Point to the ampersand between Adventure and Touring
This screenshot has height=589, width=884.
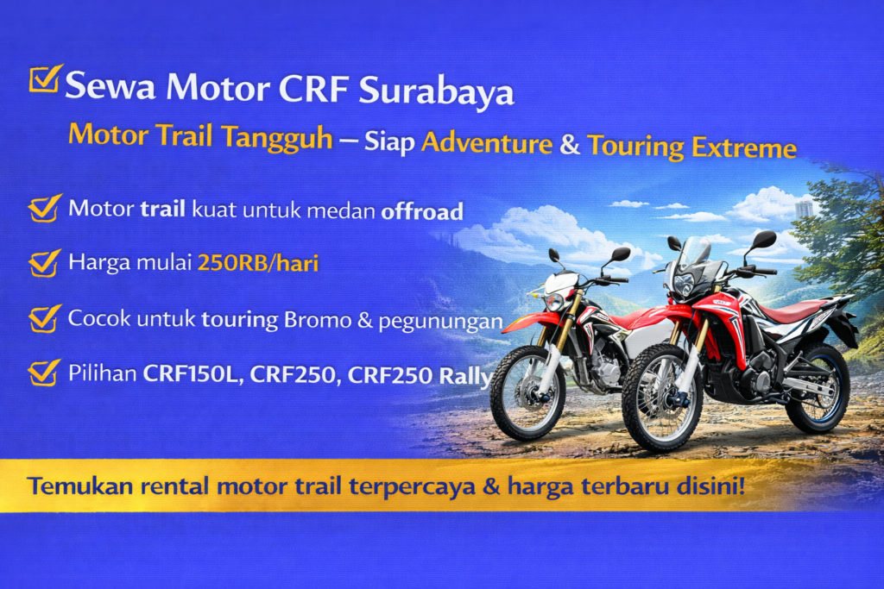(570, 144)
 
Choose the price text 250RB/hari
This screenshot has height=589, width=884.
(258, 263)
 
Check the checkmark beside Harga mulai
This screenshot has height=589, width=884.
(44, 262)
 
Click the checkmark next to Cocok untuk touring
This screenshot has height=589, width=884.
(44, 318)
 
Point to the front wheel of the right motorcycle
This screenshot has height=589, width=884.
(662, 397)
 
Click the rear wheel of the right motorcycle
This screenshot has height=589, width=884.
(817, 388)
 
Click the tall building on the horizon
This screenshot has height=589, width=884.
(805, 209)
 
